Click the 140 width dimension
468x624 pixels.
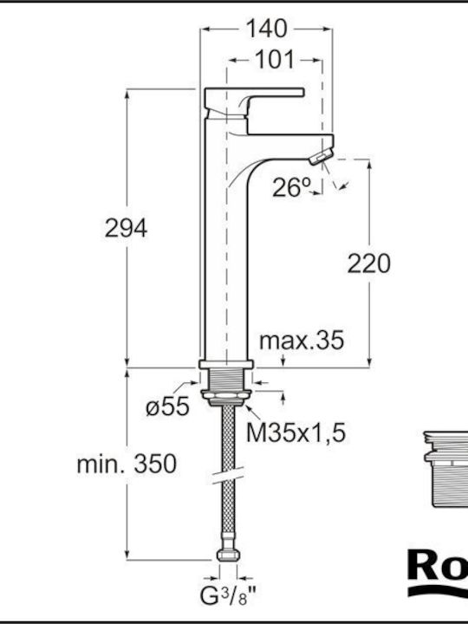click(266, 29)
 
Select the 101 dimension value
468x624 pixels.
click(275, 60)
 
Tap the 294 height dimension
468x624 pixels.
click(126, 229)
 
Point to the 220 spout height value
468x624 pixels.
click(369, 263)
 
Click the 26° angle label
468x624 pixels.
click(291, 186)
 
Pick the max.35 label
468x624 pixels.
click(302, 341)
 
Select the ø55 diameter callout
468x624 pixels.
click(167, 406)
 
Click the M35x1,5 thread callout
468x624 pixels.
click(296, 432)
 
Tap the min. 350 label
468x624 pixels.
click(127, 464)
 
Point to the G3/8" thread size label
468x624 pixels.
click(228, 597)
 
